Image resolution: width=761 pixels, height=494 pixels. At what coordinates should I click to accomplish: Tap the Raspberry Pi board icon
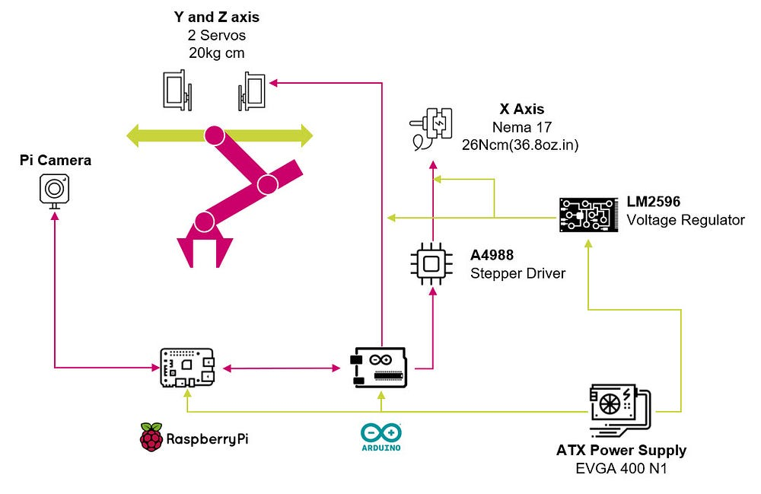[186, 368]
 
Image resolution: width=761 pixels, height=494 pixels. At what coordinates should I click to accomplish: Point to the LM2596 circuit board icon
[588, 215]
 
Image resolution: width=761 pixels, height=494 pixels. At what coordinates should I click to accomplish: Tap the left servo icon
[177, 89]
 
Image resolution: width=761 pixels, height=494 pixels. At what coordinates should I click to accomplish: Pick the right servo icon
[252, 89]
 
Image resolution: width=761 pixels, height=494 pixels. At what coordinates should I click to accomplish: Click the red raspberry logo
[151, 438]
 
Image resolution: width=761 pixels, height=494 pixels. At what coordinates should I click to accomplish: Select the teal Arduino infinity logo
[380, 433]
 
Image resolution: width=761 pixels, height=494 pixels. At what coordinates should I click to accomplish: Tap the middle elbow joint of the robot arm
[267, 184]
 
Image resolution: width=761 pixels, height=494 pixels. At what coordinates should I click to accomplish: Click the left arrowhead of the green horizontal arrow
[133, 136]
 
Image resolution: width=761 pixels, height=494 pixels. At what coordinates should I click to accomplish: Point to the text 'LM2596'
[653, 202]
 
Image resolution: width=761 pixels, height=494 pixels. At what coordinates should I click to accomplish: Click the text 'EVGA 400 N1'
[621, 468]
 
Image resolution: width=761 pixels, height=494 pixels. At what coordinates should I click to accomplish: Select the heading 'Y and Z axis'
[216, 17]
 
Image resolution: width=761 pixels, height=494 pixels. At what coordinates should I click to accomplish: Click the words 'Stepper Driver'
[517, 272]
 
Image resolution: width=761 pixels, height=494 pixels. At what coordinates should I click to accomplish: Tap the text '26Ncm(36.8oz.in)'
[521, 145]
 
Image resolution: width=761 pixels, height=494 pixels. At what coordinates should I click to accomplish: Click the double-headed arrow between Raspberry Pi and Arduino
[281, 369]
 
